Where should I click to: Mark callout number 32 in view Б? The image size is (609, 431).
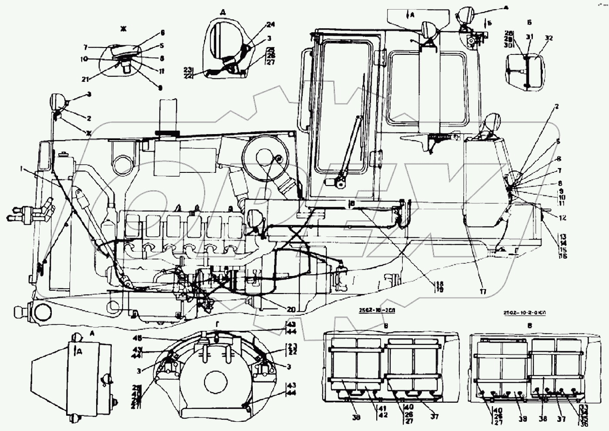tap(549, 38)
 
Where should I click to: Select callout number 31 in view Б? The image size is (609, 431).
tap(529, 37)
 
